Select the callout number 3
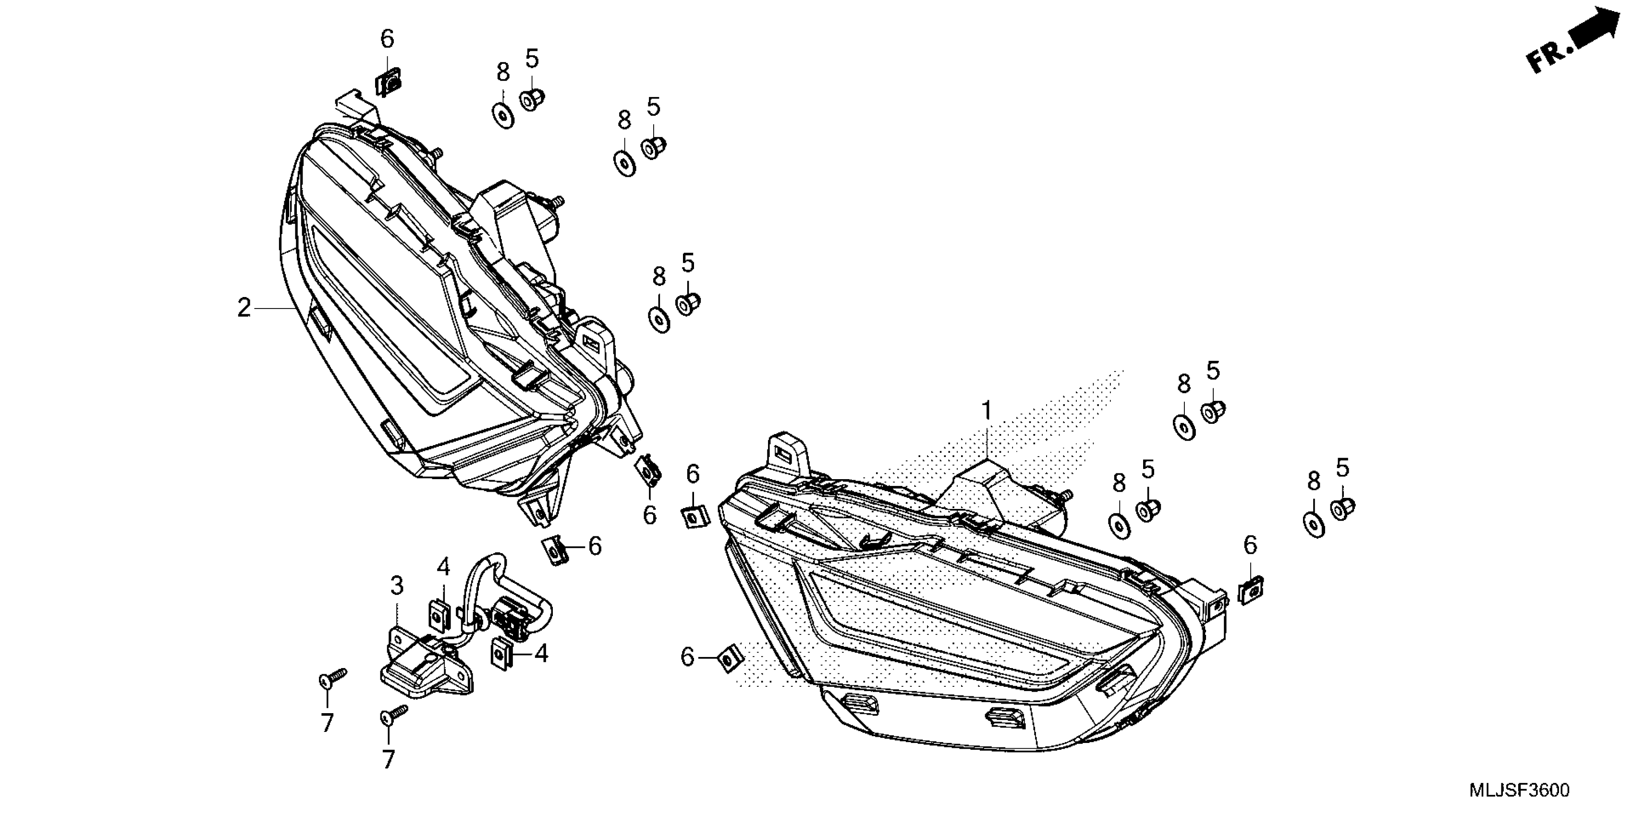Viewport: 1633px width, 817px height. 396,585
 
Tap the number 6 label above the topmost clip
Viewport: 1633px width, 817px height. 387,39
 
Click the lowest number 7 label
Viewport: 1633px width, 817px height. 388,759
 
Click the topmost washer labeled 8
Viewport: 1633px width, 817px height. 503,115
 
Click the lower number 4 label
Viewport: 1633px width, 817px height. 541,653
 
